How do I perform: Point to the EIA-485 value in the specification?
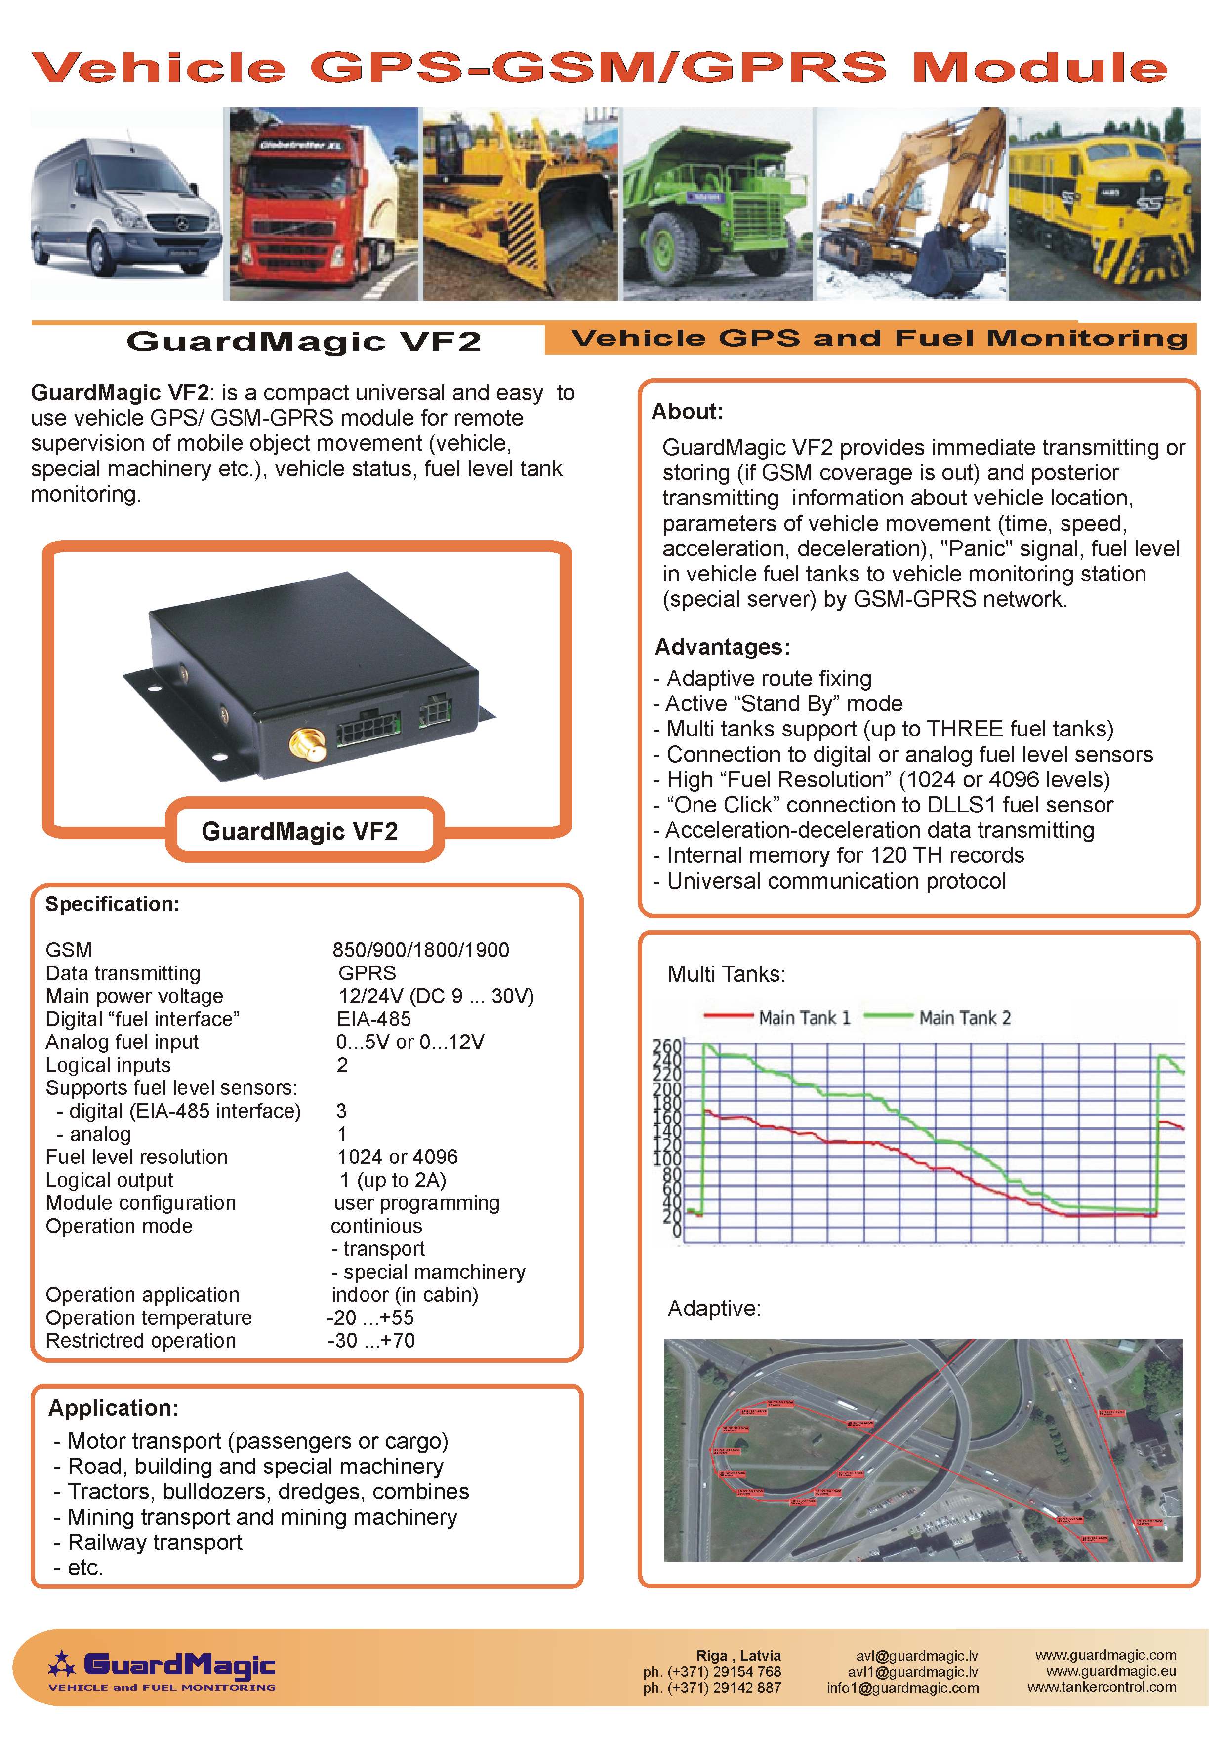(374, 1019)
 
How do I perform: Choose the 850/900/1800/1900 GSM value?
(421, 950)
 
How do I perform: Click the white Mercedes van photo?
(126, 203)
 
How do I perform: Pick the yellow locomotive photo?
(1104, 203)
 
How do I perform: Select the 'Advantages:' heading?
(722, 647)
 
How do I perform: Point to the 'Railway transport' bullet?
(155, 1543)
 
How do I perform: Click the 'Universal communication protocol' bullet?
(836, 881)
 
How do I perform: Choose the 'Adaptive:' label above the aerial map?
(714, 1309)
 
